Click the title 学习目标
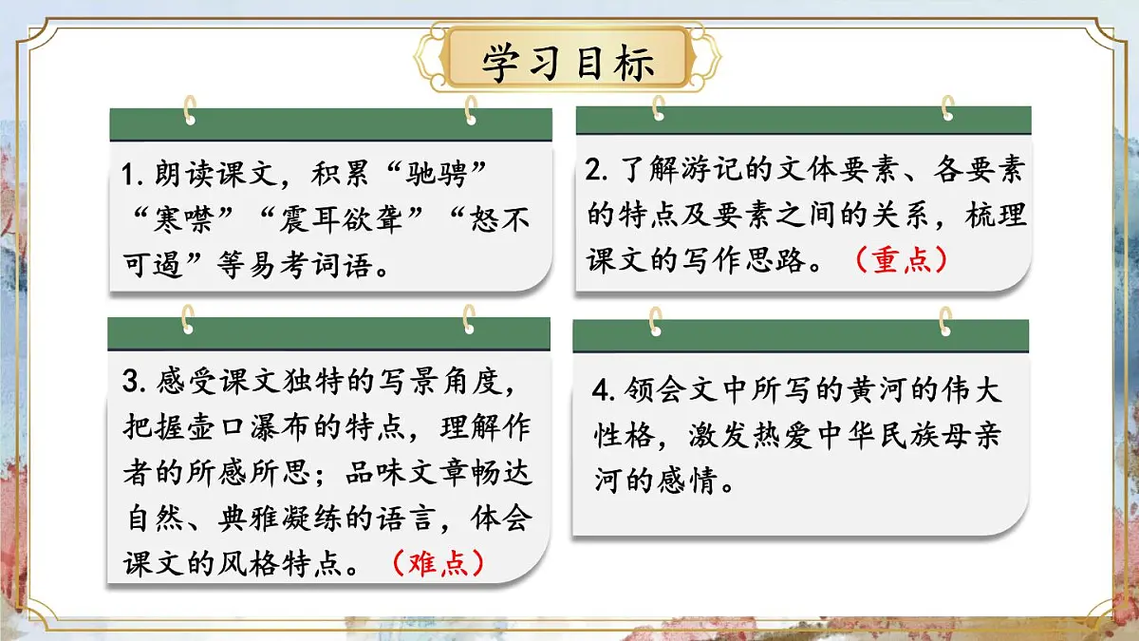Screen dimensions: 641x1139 pos(569,62)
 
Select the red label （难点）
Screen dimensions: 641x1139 pos(439,562)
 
